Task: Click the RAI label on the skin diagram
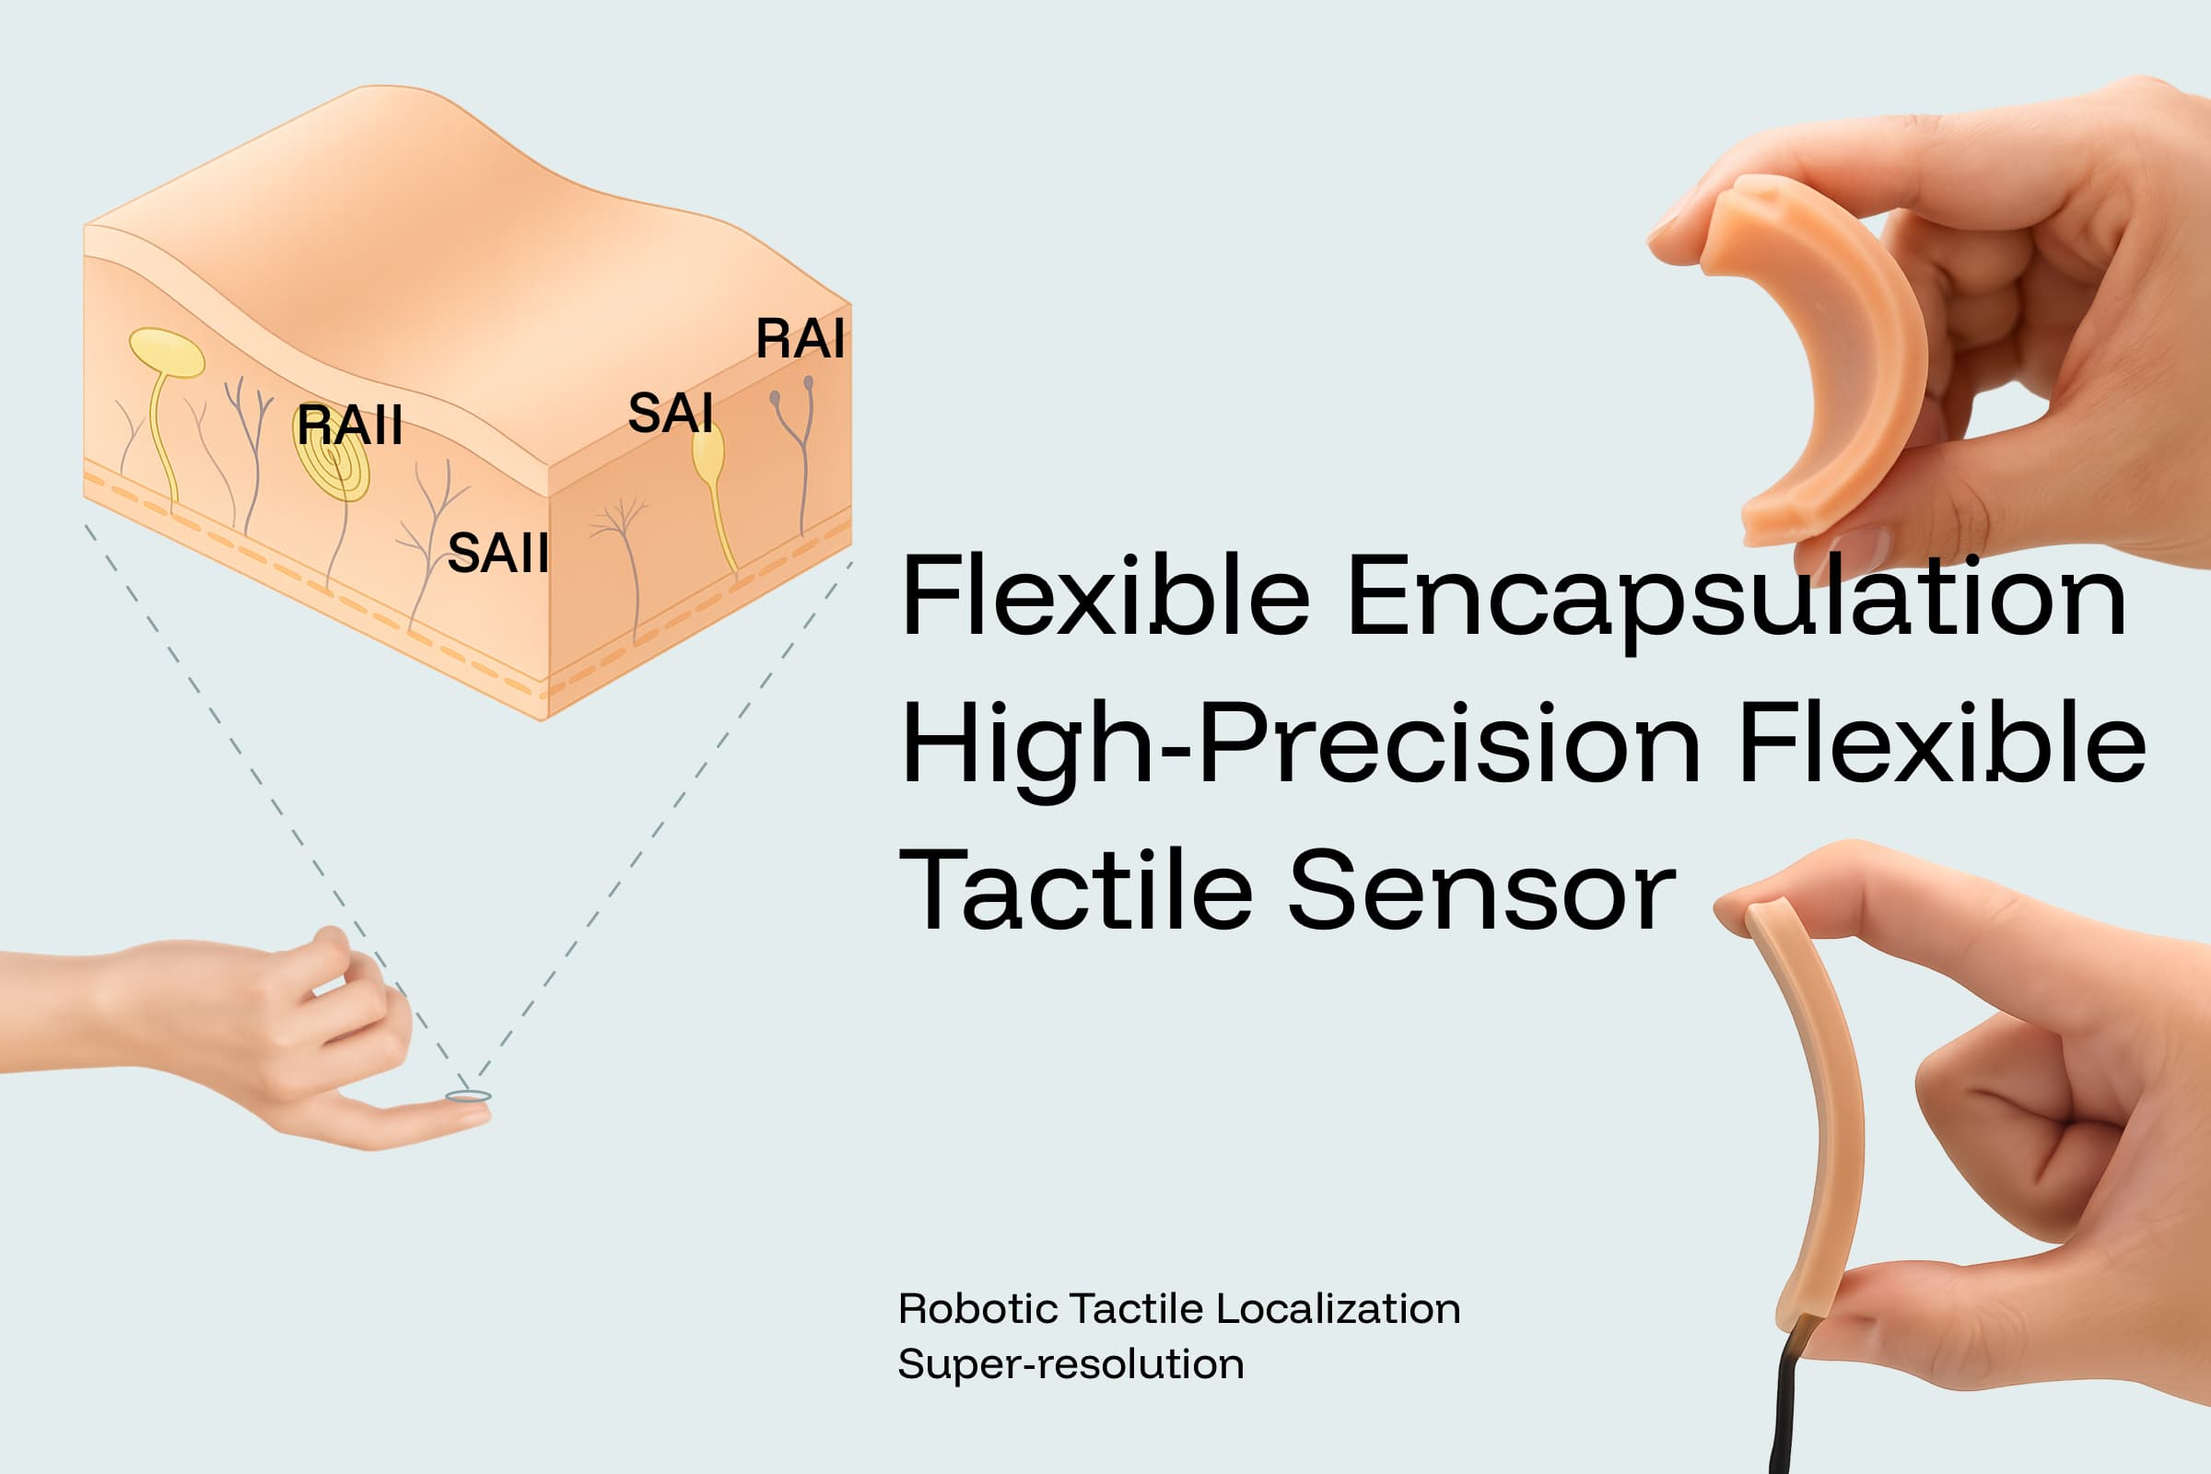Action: (x=800, y=338)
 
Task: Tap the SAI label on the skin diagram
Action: (x=671, y=413)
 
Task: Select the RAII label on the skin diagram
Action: (x=349, y=425)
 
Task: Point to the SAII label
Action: (x=497, y=553)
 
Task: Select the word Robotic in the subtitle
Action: (x=977, y=1309)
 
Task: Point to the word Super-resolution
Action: (x=1070, y=1365)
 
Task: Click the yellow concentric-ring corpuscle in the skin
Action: (x=332, y=465)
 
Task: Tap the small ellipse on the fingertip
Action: (x=468, y=1096)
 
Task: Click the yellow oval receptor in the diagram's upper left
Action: (x=167, y=353)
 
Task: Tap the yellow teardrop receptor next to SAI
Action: (x=708, y=453)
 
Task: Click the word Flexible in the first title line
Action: (x=1105, y=597)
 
